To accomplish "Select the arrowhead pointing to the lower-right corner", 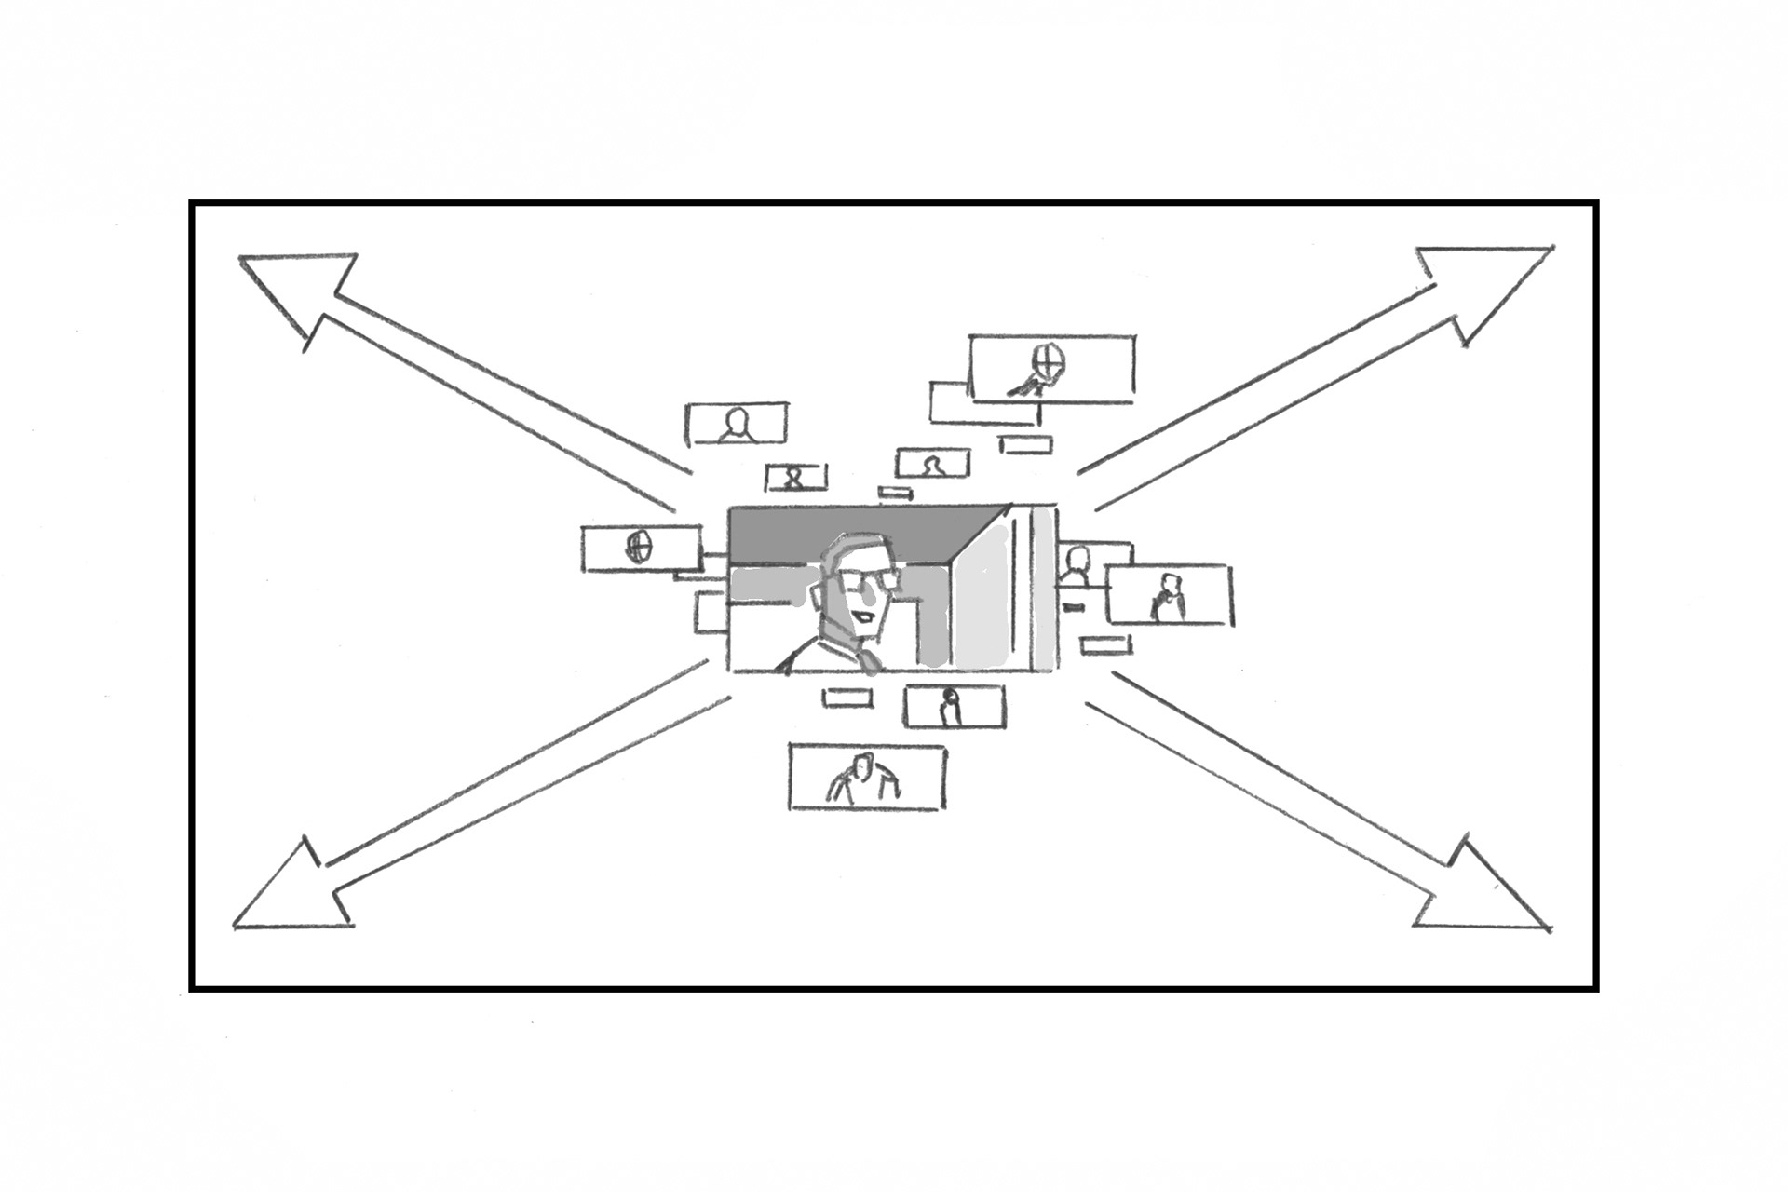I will point(1490,894).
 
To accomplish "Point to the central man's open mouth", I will point(867,616).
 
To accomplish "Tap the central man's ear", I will point(821,596).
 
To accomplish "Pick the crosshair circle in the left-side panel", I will point(639,547).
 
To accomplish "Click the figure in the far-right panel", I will point(1168,598).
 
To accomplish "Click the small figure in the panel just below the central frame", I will point(949,708).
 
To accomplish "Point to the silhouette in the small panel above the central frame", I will point(931,464).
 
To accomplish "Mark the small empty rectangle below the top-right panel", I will point(1025,444).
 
